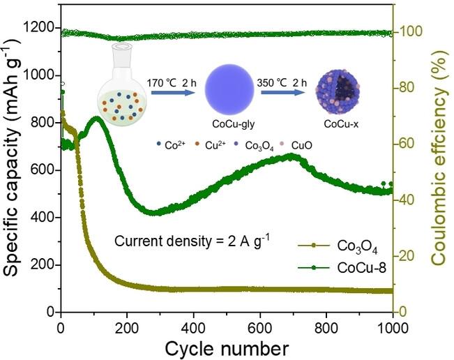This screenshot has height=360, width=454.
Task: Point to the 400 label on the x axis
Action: tap(193, 329)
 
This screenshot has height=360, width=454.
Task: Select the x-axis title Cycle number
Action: tap(227, 349)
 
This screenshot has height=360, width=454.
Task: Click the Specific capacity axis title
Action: tap(13, 157)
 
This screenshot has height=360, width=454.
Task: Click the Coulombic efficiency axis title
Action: tap(440, 157)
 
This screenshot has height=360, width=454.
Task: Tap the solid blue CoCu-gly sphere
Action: tap(229, 89)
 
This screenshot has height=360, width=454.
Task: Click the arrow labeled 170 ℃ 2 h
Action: tap(172, 93)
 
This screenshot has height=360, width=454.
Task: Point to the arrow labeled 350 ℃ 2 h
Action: tap(283, 93)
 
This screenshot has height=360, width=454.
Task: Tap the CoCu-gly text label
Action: tap(233, 124)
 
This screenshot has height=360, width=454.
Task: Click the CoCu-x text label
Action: tap(341, 124)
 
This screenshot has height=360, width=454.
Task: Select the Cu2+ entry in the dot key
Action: tap(212, 145)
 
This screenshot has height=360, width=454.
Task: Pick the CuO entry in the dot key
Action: tap(296, 145)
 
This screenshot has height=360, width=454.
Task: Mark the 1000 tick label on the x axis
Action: tap(393, 329)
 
